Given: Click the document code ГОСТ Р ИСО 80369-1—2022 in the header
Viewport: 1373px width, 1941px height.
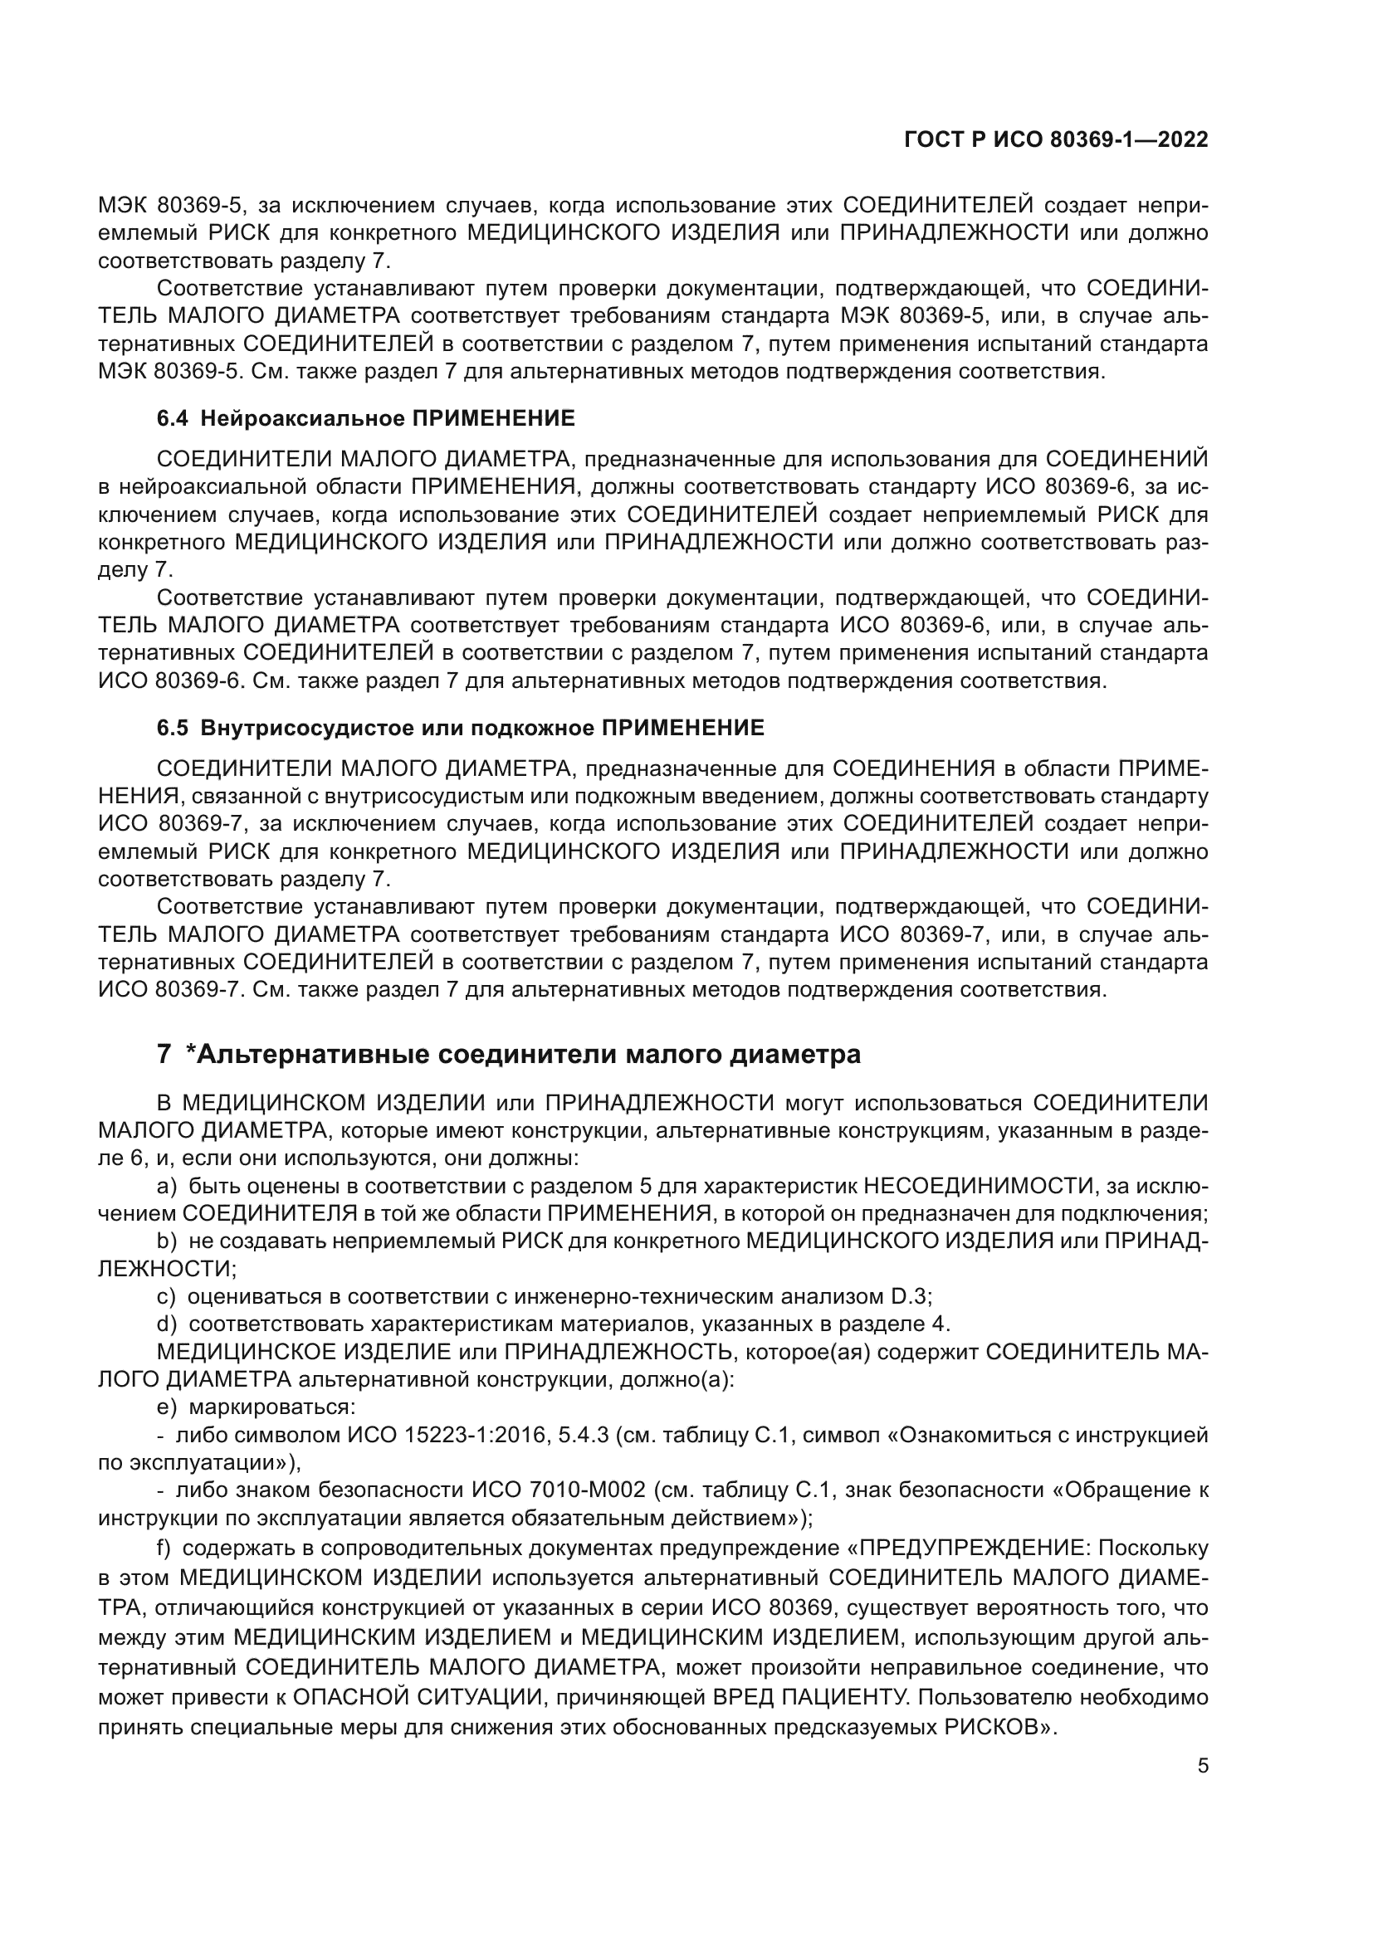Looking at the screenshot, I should pyautogui.click(x=1056, y=140).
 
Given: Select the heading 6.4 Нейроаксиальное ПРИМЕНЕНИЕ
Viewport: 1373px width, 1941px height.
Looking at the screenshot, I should pyautogui.click(x=365, y=417).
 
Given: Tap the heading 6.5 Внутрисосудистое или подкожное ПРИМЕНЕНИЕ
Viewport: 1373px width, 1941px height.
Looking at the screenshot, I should pyautogui.click(x=460, y=728).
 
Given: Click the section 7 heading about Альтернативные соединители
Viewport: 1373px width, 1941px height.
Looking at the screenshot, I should pyautogui.click(x=509, y=1054).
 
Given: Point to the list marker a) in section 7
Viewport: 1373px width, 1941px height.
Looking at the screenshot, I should pyautogui.click(x=167, y=1186).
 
